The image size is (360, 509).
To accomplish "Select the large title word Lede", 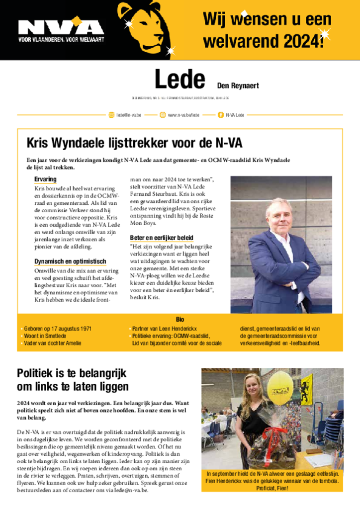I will pos(180,80).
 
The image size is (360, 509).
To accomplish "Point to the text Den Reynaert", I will pos(238,85).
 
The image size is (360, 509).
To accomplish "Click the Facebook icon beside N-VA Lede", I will pos(220,115).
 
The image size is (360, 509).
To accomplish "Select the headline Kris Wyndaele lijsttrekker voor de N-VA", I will pos(134,143).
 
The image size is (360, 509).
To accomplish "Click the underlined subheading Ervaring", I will pos(45,179).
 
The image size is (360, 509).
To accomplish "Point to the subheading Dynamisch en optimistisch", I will pos(70,261).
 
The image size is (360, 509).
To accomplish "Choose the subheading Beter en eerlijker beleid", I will pos(162,238).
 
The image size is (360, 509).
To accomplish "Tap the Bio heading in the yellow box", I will pos(180,319).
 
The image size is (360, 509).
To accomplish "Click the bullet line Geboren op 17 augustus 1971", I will pos(57,329).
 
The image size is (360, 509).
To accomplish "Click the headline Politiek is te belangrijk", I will pos(72,373).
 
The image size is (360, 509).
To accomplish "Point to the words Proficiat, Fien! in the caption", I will pos(272,488).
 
